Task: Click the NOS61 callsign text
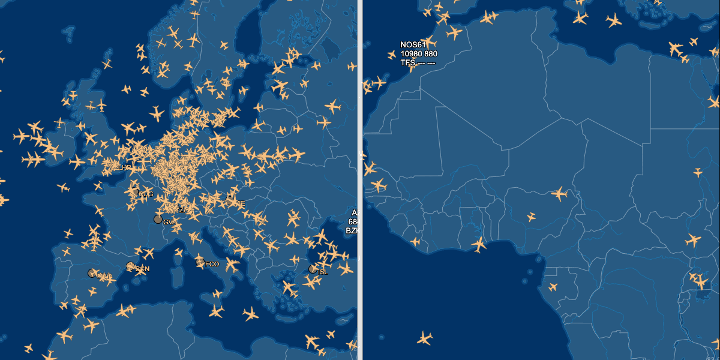click(413, 45)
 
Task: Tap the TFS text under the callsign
click(408, 62)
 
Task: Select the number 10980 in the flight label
click(411, 54)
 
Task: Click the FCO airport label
click(212, 264)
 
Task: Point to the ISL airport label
click(323, 272)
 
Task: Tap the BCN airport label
click(142, 269)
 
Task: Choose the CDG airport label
click(146, 194)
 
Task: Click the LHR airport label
click(124, 167)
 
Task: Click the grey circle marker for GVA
click(158, 220)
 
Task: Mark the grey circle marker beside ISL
click(313, 269)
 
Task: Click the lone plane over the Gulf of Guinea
click(425, 338)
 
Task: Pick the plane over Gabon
click(553, 287)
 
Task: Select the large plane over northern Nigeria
click(560, 194)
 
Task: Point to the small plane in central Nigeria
click(531, 217)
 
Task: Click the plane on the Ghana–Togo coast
click(479, 244)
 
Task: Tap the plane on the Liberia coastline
click(415, 242)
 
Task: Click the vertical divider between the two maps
click(360, 180)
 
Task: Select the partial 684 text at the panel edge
click(353, 222)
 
